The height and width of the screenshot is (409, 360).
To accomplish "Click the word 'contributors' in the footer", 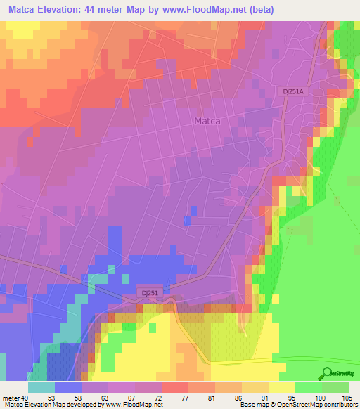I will (338, 405).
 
